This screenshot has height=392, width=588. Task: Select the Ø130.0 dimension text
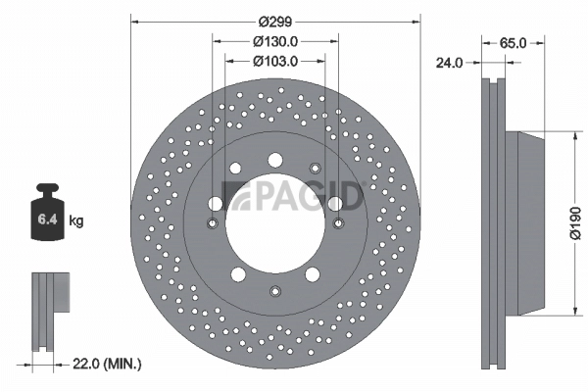tap(275, 41)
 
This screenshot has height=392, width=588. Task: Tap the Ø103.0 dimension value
tap(275, 61)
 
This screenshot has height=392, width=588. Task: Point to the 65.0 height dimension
tap(514, 43)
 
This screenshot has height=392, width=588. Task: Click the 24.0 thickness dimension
tap(450, 62)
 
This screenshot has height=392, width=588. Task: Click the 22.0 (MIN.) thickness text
tap(108, 364)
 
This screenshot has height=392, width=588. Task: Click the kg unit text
tap(76, 221)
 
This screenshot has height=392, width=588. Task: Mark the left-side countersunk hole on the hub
tap(213, 223)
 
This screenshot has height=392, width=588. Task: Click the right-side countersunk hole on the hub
tap(339, 223)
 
